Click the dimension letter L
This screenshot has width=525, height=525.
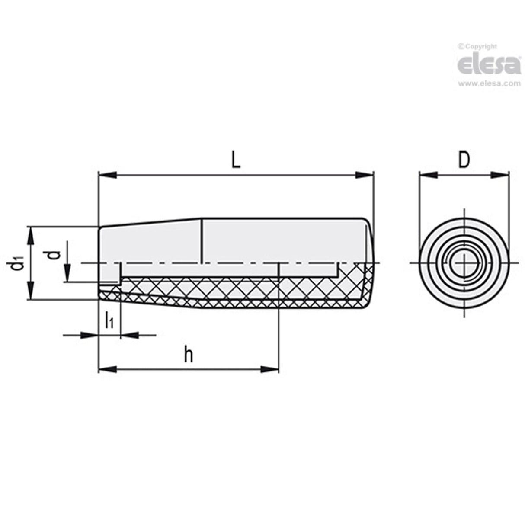click(x=235, y=160)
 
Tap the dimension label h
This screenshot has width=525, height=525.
click(x=188, y=355)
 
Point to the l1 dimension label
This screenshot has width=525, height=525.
click(x=109, y=321)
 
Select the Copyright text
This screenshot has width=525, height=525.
click(x=478, y=47)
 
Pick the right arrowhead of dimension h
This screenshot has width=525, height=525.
click(x=270, y=369)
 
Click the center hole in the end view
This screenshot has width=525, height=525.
click(x=464, y=263)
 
